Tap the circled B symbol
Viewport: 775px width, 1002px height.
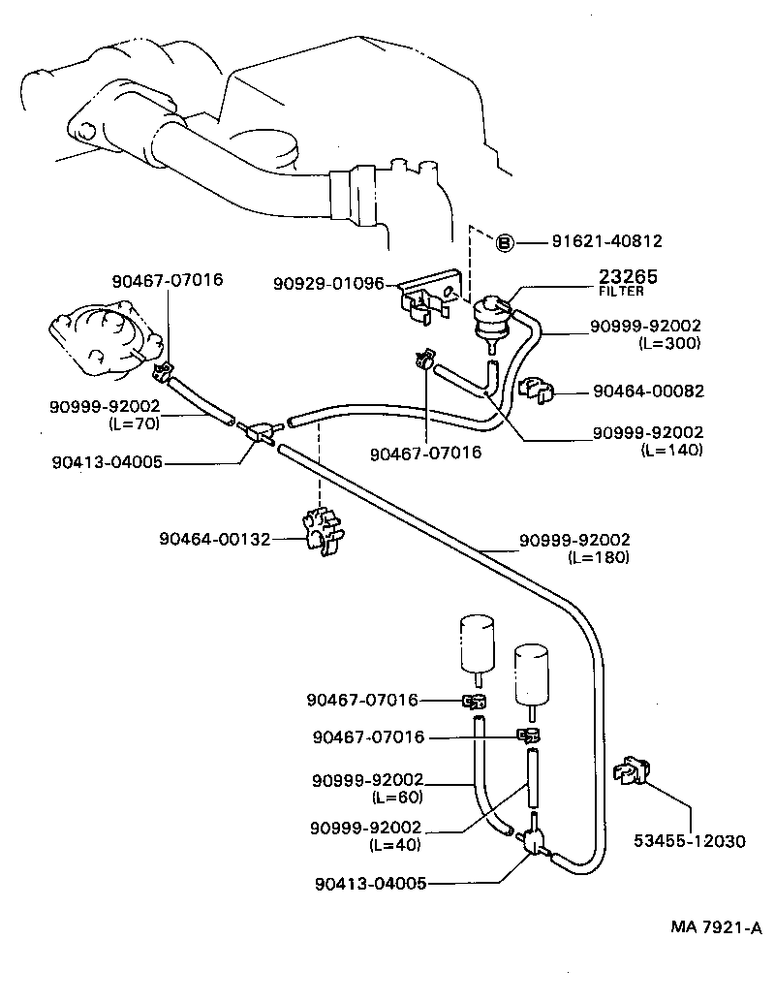[504, 242]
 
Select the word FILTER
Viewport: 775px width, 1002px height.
[620, 291]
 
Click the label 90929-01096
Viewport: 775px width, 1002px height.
[328, 284]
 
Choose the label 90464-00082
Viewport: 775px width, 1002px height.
[648, 391]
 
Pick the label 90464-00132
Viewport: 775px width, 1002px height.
[215, 539]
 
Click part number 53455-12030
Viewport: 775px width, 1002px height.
[690, 841]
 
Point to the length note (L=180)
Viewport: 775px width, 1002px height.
[598, 557]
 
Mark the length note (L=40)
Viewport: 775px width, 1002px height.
[396, 844]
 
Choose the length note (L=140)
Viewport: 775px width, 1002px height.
[671, 450]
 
